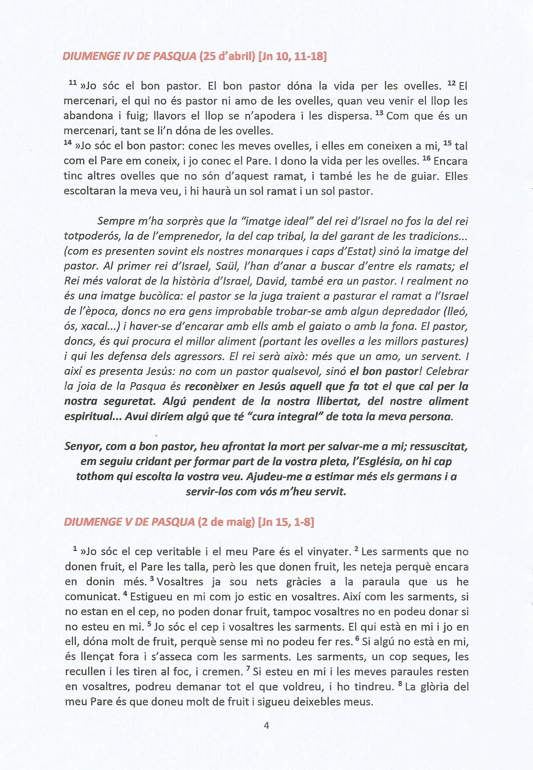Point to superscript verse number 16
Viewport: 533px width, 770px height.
tap(426, 158)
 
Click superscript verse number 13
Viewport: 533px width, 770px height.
tap(379, 113)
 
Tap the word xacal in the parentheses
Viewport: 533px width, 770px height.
tap(93, 326)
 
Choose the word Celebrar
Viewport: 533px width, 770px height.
tap(447, 371)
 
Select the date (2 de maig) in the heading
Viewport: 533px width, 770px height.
tap(226, 522)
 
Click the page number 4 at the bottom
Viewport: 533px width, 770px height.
tap(266, 726)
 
